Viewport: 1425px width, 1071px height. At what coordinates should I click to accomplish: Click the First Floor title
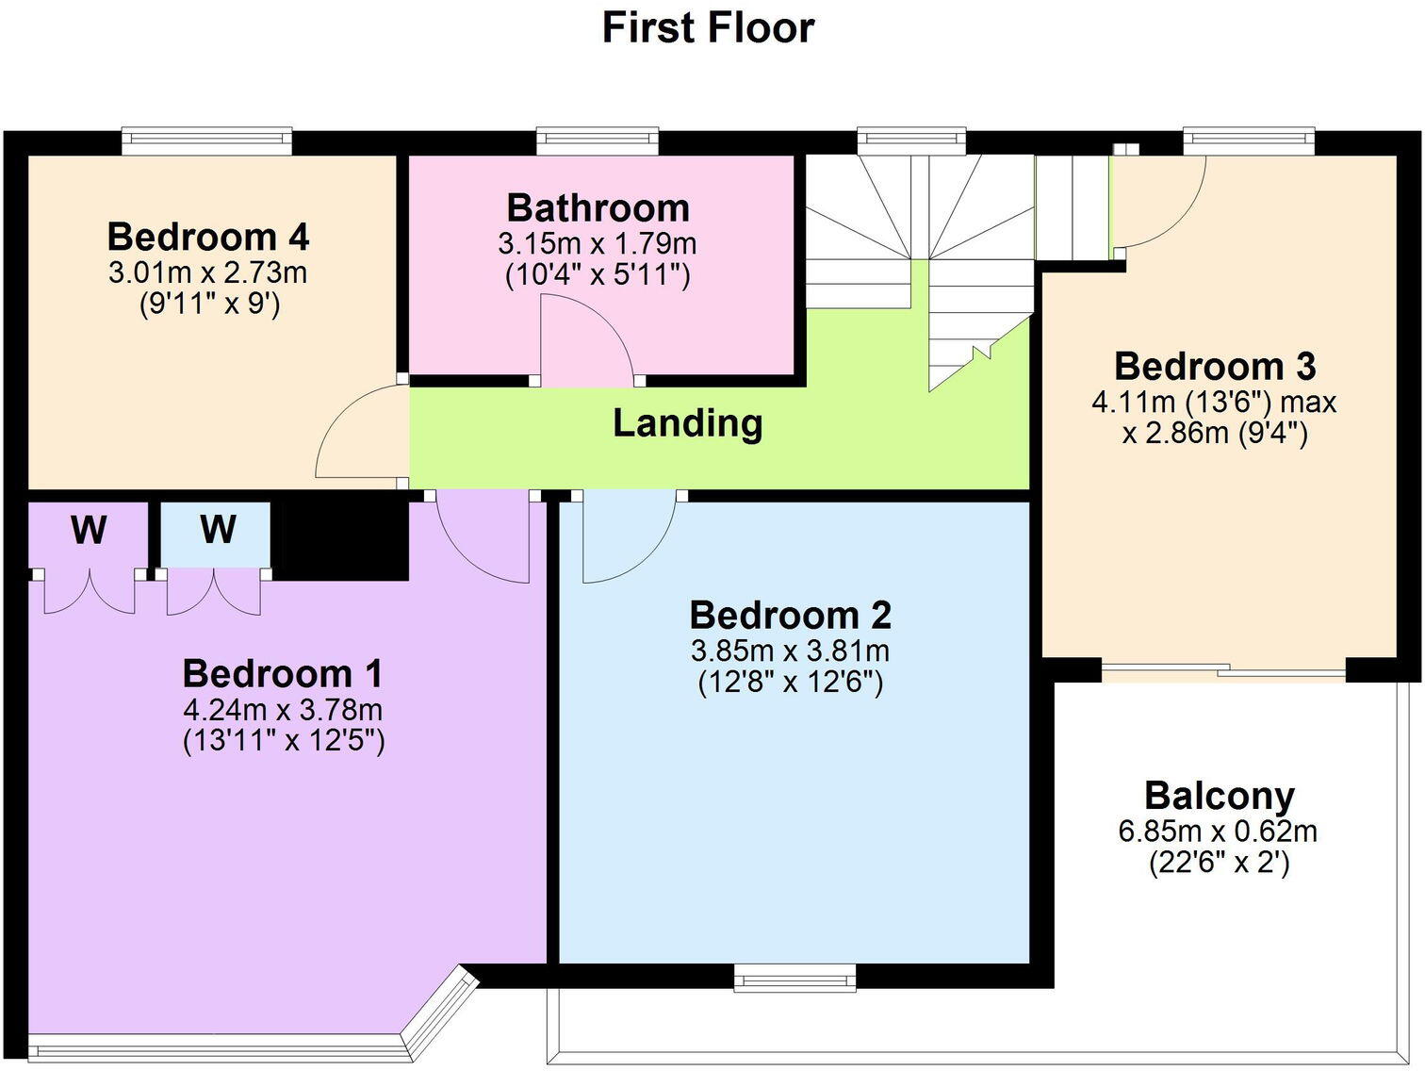coord(708,27)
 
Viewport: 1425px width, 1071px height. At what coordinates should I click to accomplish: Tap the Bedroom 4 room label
coord(208,237)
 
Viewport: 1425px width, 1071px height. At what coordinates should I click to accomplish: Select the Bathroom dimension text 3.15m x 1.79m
coord(598,244)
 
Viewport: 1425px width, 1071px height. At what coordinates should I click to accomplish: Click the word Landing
coord(687,423)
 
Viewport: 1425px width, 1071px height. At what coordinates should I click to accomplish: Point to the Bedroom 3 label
coord(1214,366)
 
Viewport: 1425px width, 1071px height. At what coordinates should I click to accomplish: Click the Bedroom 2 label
coord(790,615)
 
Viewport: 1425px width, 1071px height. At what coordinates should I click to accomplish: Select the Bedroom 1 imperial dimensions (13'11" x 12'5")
coord(283,741)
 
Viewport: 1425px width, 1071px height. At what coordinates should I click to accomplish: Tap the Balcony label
coord(1219,796)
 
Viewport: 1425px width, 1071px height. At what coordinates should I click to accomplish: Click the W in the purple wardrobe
coord(89,531)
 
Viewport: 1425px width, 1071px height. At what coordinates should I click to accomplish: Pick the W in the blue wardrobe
coord(217,530)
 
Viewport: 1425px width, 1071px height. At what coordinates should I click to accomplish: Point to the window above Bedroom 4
coord(206,142)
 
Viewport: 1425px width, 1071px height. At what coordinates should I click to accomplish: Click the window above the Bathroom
coord(598,142)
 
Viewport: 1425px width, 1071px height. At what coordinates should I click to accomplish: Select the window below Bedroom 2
coord(795,978)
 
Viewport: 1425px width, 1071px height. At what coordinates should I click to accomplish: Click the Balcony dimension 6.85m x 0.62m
coord(1218,832)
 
